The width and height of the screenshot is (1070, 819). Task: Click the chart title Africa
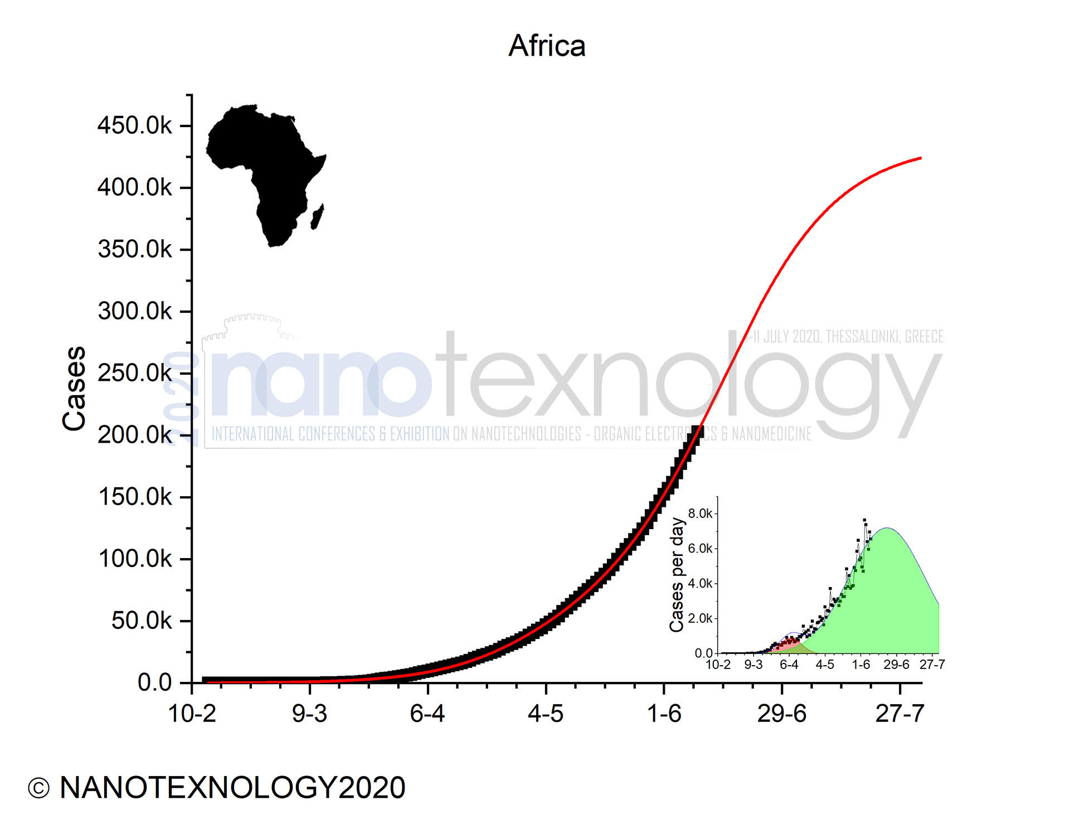coord(547,46)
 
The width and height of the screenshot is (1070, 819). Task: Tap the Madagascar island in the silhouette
coord(317,216)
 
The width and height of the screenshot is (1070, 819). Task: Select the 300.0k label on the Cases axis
coord(134,311)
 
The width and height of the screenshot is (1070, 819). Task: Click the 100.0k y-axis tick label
coord(134,559)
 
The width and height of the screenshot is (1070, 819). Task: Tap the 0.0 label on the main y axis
coord(154,682)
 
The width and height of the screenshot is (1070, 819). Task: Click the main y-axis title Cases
coord(74,389)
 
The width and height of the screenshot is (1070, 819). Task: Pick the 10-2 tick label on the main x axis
coord(192,714)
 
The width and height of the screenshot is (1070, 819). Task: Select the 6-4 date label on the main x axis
coord(427,714)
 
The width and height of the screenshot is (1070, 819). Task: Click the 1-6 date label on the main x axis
coord(664,714)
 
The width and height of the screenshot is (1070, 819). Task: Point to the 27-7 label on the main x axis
coord(899,714)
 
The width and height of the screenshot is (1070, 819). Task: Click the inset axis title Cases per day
coord(677,575)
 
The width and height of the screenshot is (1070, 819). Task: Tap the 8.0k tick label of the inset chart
coord(700,513)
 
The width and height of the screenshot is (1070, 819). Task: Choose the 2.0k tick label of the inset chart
coord(700,618)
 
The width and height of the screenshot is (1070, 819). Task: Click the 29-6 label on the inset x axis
coord(896,665)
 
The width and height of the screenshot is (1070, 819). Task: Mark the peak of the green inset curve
coord(887,528)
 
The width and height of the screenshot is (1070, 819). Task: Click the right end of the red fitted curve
coord(920,158)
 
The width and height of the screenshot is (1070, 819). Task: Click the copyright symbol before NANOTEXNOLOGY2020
coord(38,788)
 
